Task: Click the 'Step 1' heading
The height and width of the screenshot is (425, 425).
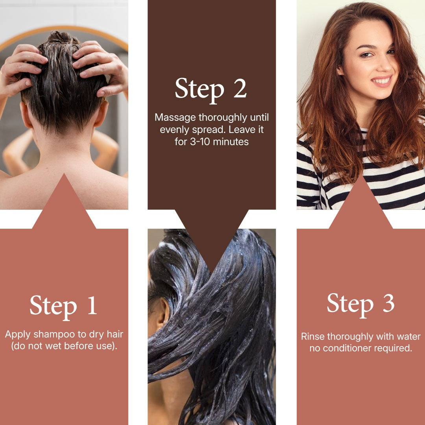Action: (63, 307)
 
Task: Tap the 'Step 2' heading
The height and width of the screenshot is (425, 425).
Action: (211, 90)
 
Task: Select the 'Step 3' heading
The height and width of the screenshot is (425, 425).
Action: (360, 304)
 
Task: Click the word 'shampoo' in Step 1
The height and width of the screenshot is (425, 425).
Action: (54, 334)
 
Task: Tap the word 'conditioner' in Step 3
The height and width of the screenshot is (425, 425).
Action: (347, 348)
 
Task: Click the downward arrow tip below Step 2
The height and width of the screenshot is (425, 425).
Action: (212, 271)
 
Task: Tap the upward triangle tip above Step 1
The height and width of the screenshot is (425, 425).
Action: (64, 174)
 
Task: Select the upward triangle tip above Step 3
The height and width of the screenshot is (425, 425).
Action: (361, 176)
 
